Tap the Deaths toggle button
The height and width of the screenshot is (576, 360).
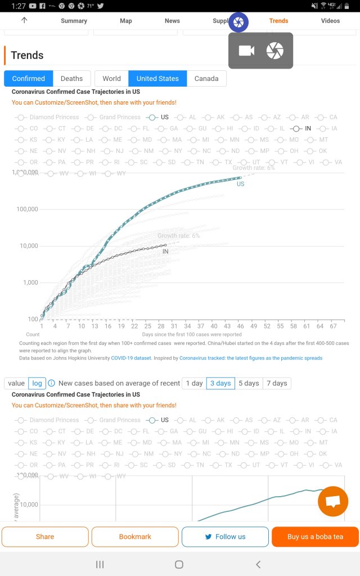tap(71, 79)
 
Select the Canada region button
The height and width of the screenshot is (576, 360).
tap(206, 79)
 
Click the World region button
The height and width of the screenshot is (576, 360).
tap(111, 79)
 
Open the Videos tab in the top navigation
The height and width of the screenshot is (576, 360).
tap(330, 21)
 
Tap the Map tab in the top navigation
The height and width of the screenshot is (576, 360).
tap(126, 21)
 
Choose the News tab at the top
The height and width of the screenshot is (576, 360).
tap(172, 21)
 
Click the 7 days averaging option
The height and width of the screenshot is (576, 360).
tap(277, 383)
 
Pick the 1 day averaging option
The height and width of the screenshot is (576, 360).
tap(194, 383)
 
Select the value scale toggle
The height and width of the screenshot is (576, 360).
tap(16, 383)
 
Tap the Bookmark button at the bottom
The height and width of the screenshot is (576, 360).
tap(135, 537)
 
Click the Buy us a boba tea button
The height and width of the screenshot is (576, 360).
tap(315, 537)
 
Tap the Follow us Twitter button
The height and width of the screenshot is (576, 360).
tap(225, 537)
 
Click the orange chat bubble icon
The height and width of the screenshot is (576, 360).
tap(333, 501)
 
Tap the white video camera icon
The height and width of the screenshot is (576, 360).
tap(246, 51)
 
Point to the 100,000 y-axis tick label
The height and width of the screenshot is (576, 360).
tap(25, 209)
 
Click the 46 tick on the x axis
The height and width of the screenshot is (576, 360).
tap(240, 326)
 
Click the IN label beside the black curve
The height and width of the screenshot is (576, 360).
tap(165, 251)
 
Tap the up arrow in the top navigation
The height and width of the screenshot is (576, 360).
tap(24, 20)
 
